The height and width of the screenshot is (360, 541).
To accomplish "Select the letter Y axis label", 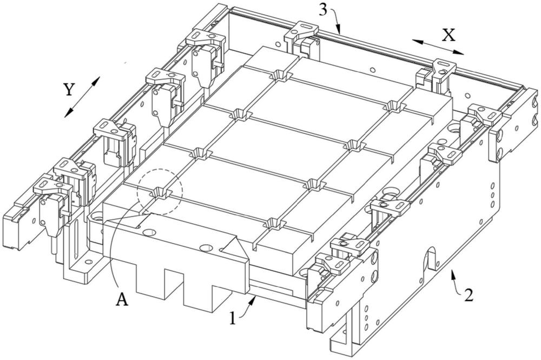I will click(x=68, y=90).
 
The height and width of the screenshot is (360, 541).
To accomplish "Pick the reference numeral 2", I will click(x=470, y=295).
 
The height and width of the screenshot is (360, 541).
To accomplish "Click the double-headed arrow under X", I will click(x=437, y=47).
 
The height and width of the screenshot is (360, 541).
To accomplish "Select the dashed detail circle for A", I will click(x=160, y=192).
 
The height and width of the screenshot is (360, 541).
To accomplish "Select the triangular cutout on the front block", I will click(x=234, y=246).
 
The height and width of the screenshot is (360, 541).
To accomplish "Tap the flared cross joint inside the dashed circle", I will click(x=161, y=193).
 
